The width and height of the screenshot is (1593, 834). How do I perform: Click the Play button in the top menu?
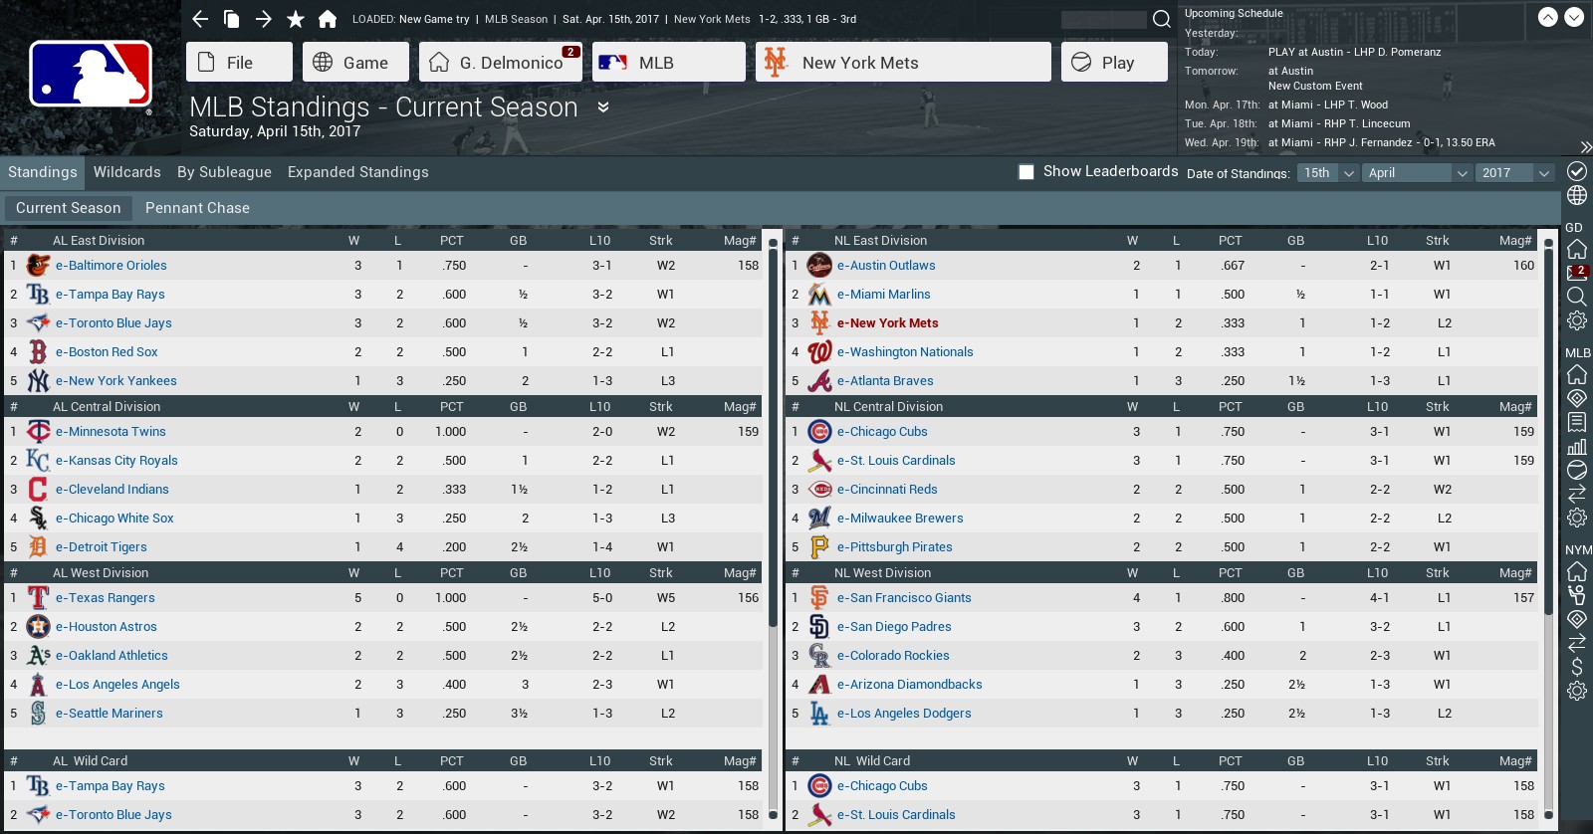click(x=1114, y=63)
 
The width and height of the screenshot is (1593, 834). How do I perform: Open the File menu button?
click(x=239, y=63)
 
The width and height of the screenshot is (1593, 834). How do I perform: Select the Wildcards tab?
click(x=126, y=172)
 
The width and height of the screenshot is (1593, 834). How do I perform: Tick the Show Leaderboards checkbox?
click(x=1026, y=172)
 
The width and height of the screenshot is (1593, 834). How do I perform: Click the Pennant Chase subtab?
click(x=197, y=208)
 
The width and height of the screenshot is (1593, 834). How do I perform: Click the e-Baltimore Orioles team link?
click(x=112, y=266)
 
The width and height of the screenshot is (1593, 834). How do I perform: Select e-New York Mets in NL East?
click(x=887, y=323)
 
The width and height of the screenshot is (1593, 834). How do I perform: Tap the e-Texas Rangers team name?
click(x=106, y=598)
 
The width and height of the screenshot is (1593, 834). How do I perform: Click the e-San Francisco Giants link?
click(x=904, y=598)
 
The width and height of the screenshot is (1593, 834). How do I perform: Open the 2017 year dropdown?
click(x=1513, y=173)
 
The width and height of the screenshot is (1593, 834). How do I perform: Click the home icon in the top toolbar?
click(x=328, y=19)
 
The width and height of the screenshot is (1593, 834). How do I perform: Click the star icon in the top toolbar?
click(x=296, y=19)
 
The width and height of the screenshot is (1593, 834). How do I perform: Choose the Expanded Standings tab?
click(x=357, y=172)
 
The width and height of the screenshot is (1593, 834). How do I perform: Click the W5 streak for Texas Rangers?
click(x=666, y=598)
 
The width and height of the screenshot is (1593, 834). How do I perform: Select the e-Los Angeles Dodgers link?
click(x=904, y=714)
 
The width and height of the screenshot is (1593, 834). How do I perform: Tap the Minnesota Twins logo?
click(x=38, y=432)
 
